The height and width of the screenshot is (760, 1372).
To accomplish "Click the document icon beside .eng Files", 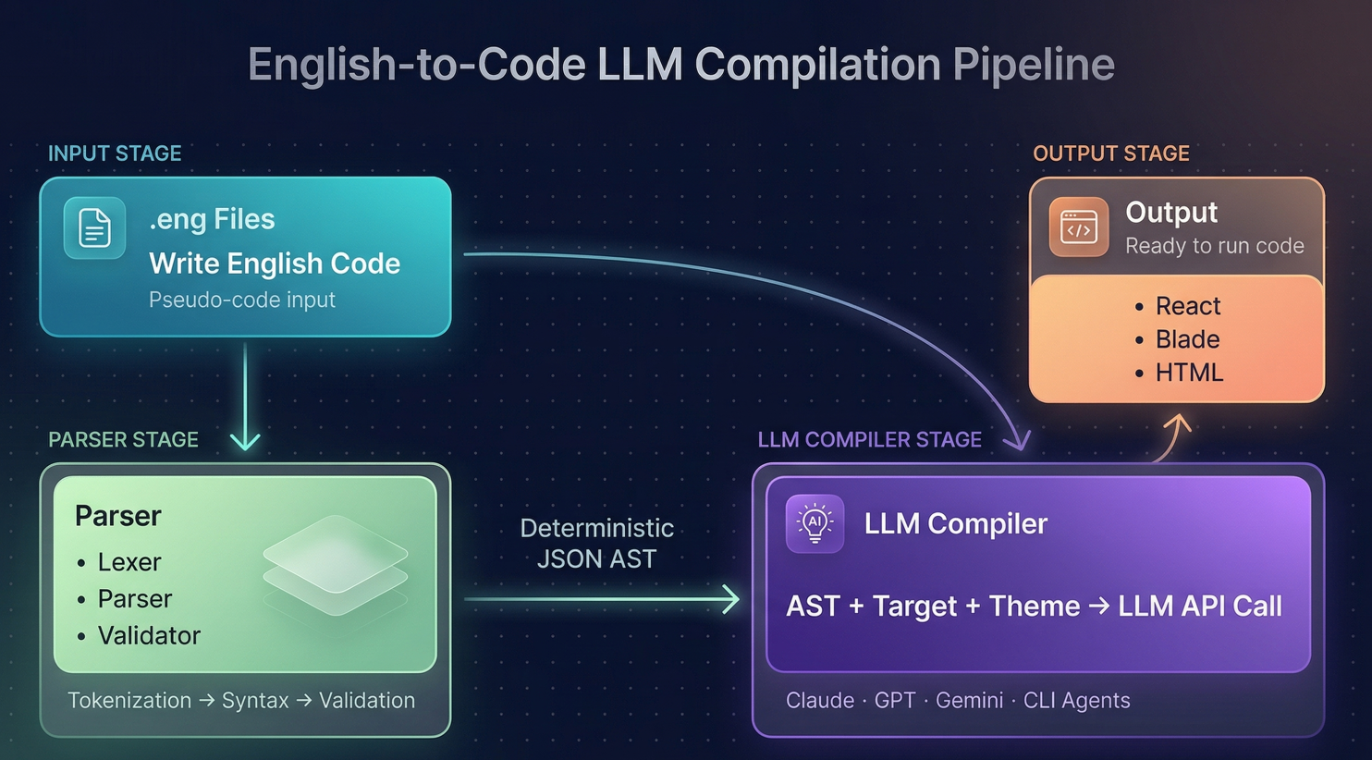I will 94,227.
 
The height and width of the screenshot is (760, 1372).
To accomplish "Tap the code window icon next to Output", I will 1078,227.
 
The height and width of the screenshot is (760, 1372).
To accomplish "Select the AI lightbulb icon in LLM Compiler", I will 815,523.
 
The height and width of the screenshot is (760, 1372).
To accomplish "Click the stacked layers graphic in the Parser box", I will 335,565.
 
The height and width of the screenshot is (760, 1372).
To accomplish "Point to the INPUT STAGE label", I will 115,153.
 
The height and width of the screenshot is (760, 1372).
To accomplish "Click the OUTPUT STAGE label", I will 1110,153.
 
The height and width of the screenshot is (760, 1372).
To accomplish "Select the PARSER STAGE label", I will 123,440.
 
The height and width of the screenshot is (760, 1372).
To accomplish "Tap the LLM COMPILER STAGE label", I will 869,440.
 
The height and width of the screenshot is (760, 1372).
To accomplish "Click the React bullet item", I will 1187,306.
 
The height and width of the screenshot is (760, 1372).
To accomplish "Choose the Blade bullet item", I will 1187,339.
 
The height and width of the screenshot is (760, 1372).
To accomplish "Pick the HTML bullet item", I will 1189,373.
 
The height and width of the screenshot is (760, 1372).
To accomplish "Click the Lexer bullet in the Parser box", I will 129,562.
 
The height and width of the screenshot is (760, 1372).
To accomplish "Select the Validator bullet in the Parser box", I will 148,636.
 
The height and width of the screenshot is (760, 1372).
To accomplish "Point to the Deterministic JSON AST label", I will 597,544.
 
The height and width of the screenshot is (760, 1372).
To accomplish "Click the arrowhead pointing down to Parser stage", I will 245,440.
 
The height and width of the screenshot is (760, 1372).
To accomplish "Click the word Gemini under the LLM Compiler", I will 969,701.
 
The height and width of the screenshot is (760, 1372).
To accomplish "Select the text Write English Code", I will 275,264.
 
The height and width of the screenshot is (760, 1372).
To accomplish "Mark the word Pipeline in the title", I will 1034,65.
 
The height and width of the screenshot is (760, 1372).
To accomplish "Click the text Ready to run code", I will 1214,246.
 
